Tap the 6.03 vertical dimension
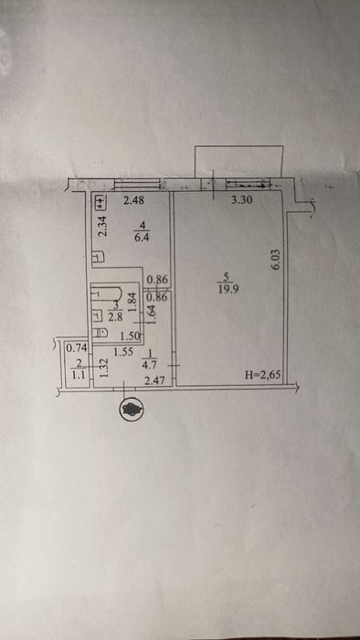pos(272,261)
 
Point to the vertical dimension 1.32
pos(105,368)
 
